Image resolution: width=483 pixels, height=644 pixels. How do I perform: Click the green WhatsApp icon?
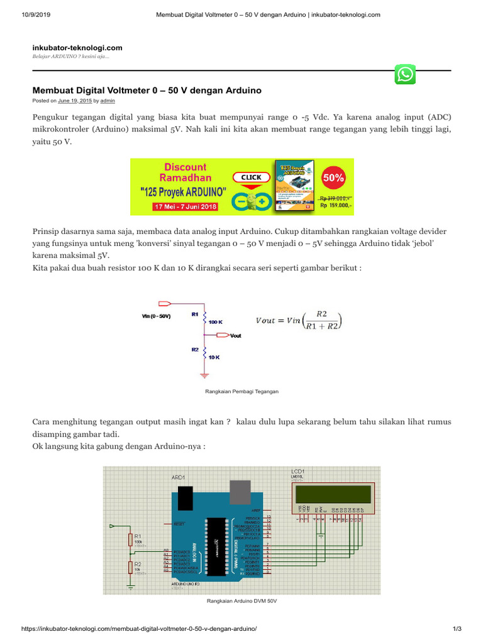(405, 74)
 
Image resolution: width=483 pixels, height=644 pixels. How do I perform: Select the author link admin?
(108, 101)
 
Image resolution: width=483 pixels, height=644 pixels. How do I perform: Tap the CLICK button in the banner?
(251, 177)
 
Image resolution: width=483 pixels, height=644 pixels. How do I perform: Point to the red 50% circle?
(333, 178)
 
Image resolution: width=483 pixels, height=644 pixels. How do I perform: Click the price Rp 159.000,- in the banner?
(336, 205)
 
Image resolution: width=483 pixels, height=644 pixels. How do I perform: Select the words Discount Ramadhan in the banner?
(185, 172)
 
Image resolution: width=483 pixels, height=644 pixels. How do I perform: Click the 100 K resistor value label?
(216, 321)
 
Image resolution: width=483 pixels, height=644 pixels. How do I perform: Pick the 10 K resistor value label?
(214, 357)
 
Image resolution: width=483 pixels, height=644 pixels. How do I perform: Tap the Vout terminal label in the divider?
(236, 336)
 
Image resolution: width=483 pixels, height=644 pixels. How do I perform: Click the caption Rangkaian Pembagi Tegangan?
(242, 391)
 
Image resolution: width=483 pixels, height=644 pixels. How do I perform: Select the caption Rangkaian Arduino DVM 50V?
(242, 601)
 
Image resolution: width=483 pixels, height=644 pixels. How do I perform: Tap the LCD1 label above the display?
(297, 471)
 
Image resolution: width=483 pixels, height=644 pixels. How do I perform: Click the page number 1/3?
(457, 629)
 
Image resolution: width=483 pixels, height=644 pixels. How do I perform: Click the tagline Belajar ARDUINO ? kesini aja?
(71, 57)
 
